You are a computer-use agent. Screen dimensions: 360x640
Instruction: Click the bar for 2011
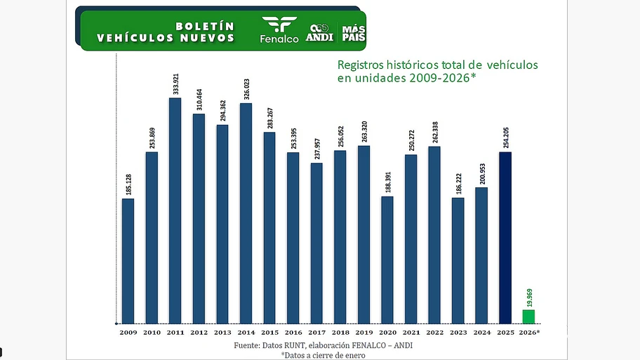click(175, 211)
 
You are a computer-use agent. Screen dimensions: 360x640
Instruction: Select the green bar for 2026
click(528, 316)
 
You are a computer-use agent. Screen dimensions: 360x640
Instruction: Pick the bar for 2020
click(387, 260)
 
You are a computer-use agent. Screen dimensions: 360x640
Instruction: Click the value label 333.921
click(175, 83)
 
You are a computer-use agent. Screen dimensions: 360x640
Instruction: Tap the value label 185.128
click(128, 183)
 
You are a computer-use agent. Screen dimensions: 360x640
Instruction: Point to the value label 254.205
click(505, 137)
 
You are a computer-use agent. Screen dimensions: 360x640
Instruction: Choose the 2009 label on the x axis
click(128, 331)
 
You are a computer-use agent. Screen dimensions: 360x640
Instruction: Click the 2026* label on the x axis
click(530, 331)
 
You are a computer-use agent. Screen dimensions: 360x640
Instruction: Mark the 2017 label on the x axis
click(316, 331)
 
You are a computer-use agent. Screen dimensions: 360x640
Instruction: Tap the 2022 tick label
click(434, 331)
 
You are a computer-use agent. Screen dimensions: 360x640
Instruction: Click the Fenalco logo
click(279, 30)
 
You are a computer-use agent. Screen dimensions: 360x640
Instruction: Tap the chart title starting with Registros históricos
click(438, 71)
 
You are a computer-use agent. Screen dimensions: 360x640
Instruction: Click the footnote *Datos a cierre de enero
click(323, 355)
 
